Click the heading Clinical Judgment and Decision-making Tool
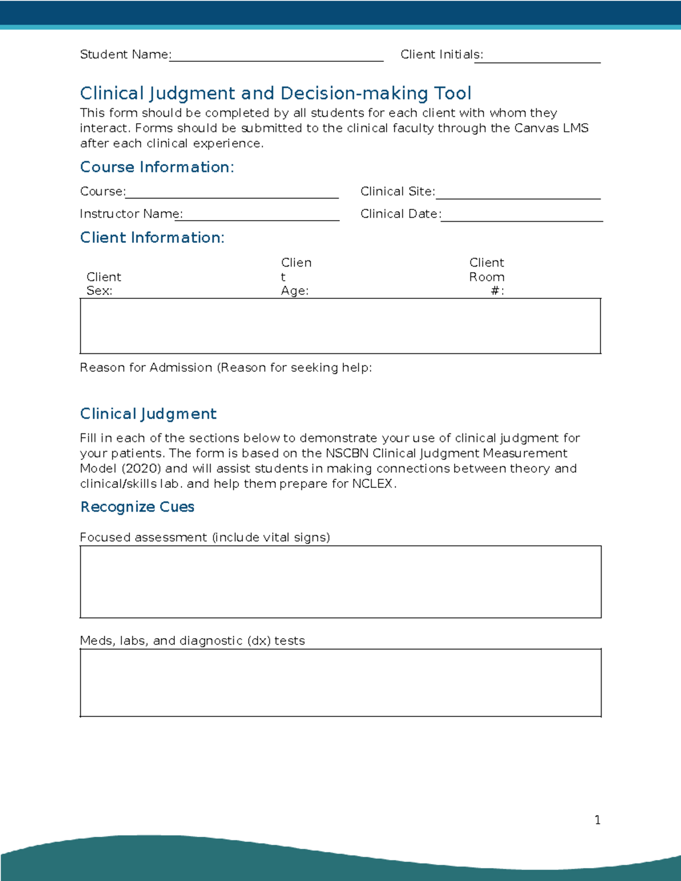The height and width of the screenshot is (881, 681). [275, 93]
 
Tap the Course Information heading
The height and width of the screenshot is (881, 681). [157, 167]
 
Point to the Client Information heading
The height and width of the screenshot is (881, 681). [152, 237]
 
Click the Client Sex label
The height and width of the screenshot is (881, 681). [103, 284]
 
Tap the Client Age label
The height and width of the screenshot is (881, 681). [296, 277]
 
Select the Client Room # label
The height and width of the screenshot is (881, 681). [486, 277]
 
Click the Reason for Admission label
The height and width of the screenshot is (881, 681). [225, 368]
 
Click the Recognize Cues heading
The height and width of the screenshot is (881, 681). [137, 507]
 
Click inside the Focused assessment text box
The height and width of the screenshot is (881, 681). [340, 581]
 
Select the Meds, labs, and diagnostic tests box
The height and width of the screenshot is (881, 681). [340, 682]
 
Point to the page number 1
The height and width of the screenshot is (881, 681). [597, 820]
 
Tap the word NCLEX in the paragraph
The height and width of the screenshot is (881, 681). [372, 484]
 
